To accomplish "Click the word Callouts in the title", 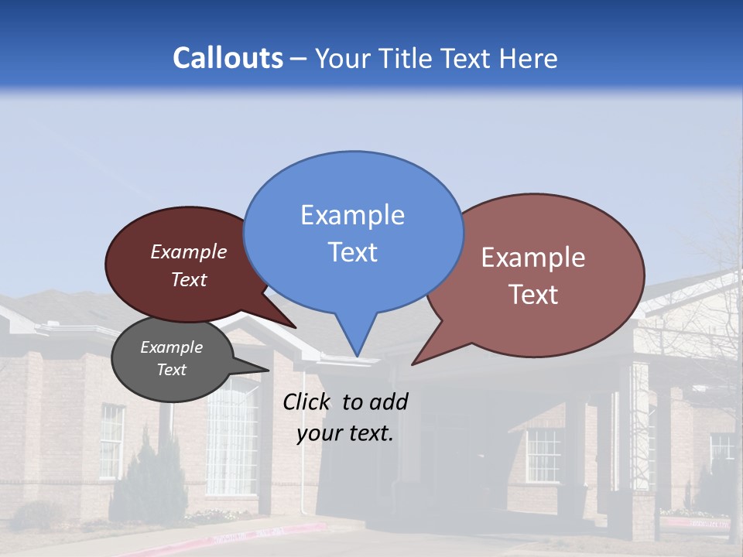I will (228, 59).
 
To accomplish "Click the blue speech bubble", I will (353, 232).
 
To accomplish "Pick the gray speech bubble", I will (172, 359).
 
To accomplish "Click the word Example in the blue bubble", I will (352, 215).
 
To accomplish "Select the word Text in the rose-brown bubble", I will (534, 295).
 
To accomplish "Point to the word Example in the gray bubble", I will (172, 347).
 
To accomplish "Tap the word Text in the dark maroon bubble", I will (189, 280).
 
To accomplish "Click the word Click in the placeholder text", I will (306, 402).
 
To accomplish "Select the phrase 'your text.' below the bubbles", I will (345, 433).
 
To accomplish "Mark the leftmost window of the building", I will (111, 441).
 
